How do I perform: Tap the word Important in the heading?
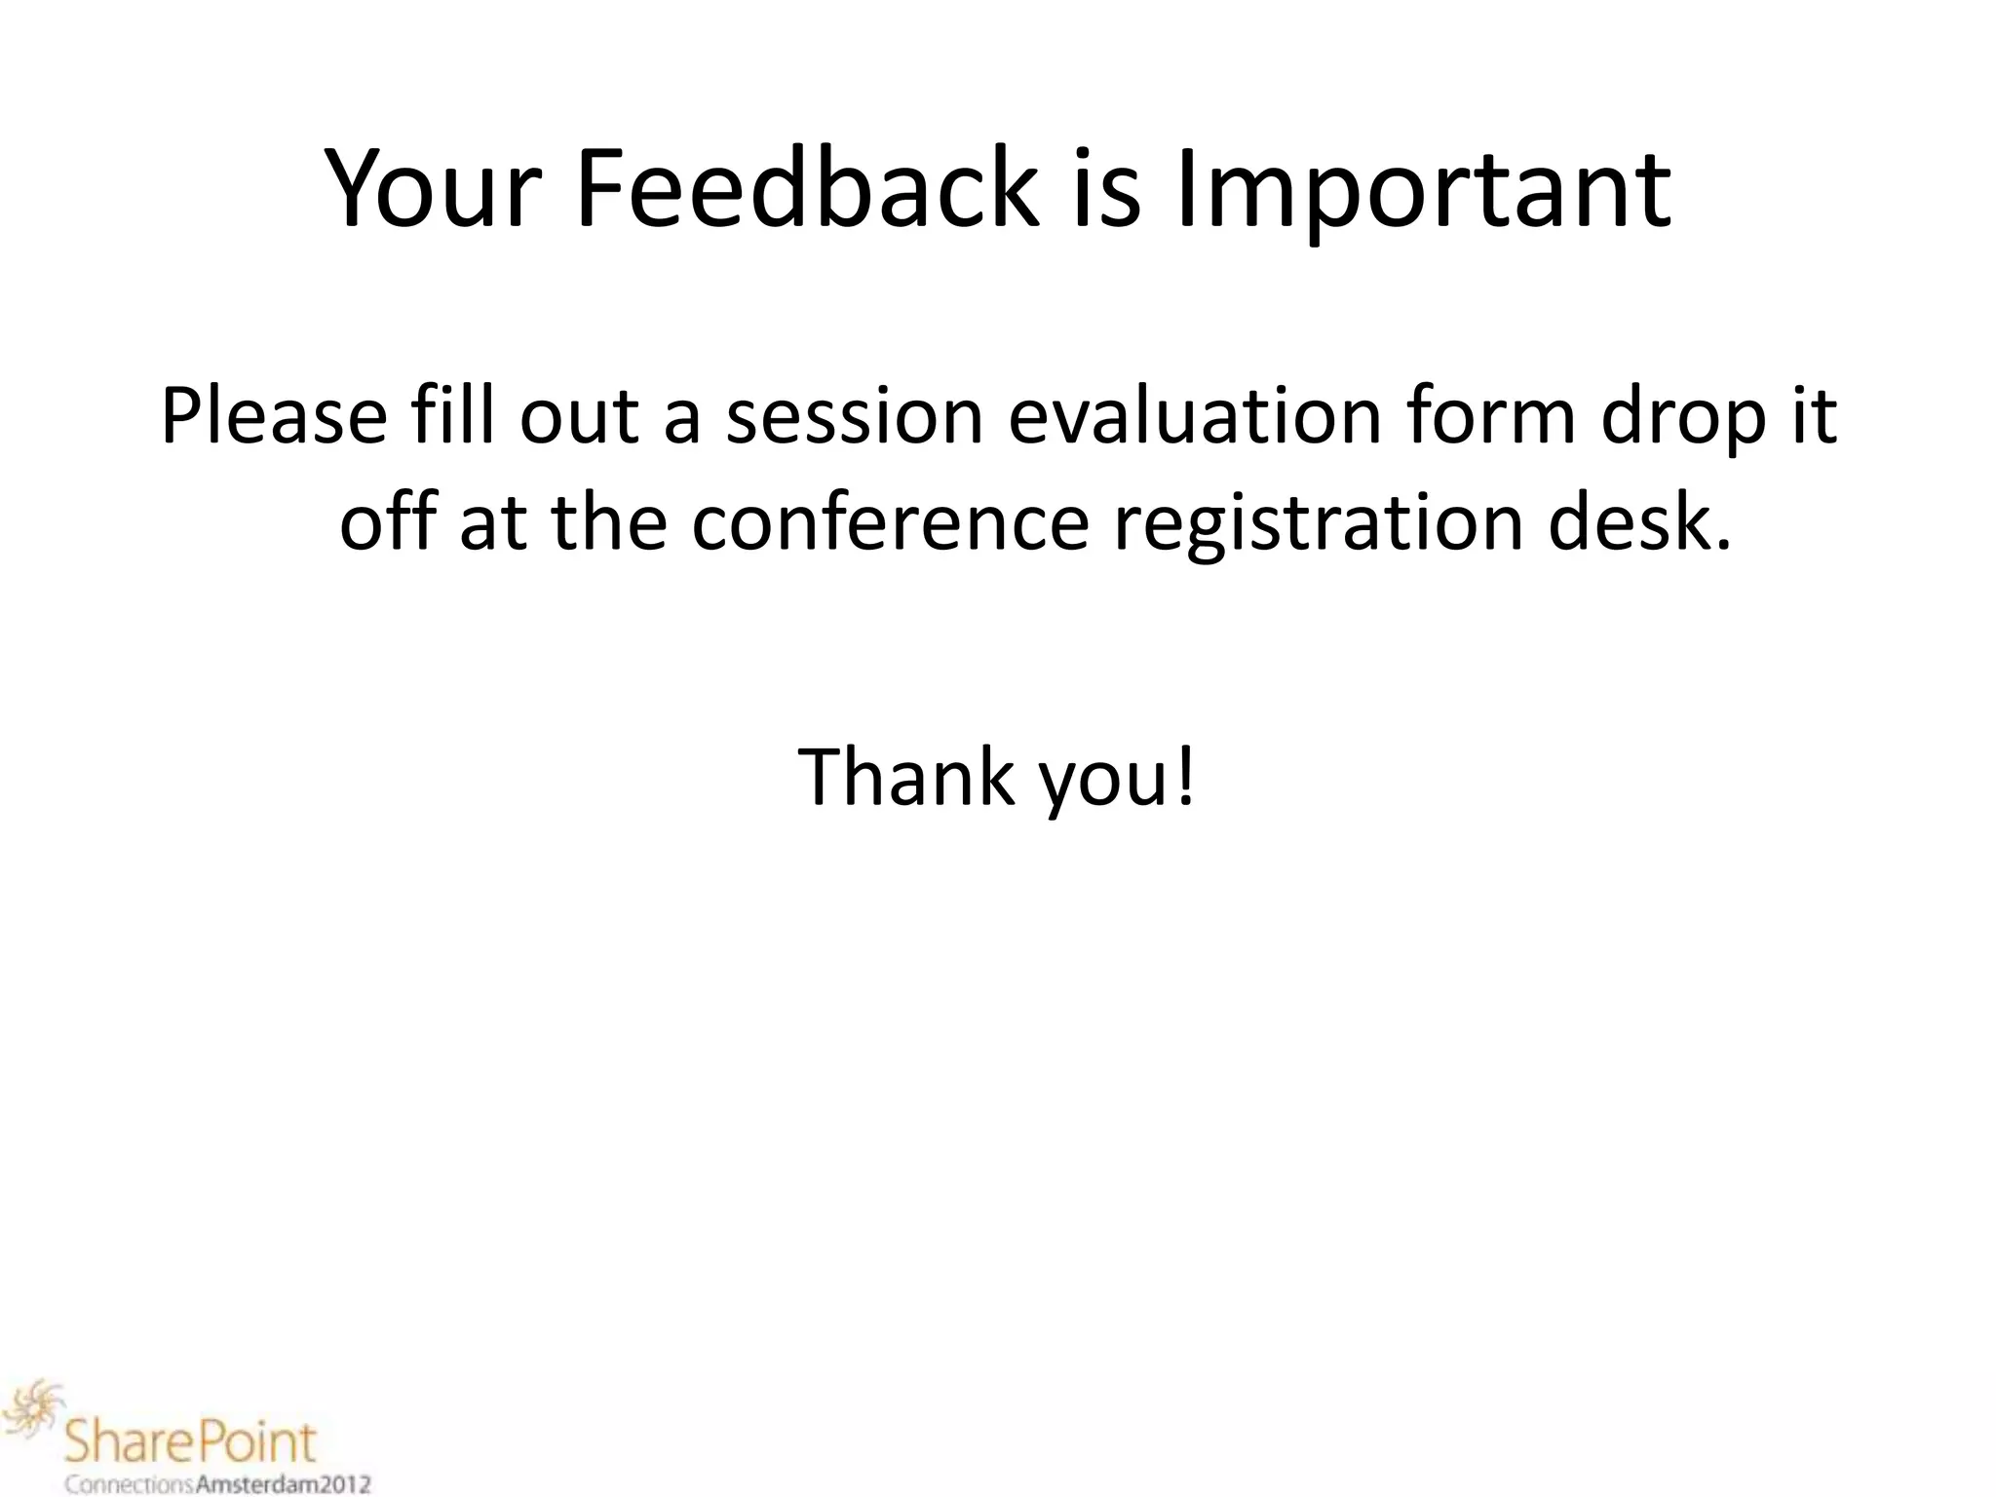tap(1423, 190)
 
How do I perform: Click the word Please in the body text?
tap(274, 417)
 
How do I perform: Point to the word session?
tap(855, 417)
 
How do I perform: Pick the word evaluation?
tap(1194, 417)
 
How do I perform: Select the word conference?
tap(890, 523)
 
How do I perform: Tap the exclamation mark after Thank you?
tap(1185, 777)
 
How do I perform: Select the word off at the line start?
tap(387, 523)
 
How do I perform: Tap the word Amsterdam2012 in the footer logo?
tap(284, 1485)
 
